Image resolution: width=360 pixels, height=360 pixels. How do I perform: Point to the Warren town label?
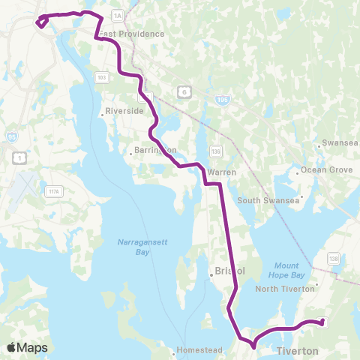pyautogui.click(x=222, y=172)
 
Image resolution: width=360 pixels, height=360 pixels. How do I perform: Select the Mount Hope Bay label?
pyautogui.click(x=286, y=270)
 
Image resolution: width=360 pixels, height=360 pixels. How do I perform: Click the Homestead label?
pyautogui.click(x=196, y=350)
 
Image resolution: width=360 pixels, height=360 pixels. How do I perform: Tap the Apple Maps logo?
pyautogui.click(x=27, y=347)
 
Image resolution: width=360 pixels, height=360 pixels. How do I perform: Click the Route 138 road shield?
pyautogui.click(x=333, y=258)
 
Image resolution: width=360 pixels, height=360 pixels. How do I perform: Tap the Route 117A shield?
pyautogui.click(x=54, y=192)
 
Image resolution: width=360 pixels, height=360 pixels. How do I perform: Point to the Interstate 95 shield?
pyautogui.click(x=11, y=137)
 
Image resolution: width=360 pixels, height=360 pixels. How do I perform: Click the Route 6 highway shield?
pyautogui.click(x=183, y=91)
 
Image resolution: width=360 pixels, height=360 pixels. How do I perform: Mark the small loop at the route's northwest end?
pyautogui.click(x=40, y=22)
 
